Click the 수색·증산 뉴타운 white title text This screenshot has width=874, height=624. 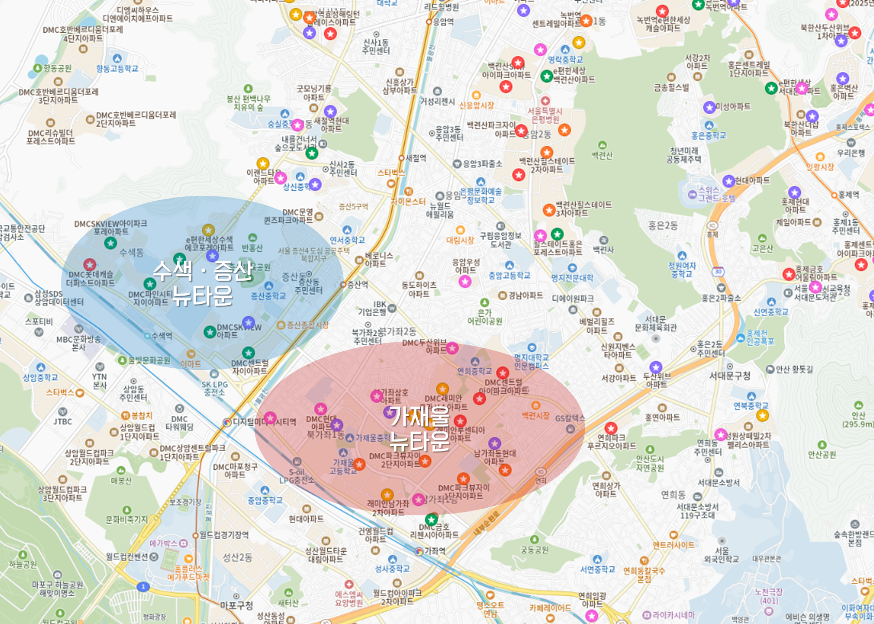click(203, 283)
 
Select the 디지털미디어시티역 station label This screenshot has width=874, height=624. click(264, 422)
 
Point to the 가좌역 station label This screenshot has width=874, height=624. click(435, 551)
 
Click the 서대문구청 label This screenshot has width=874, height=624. click(729, 376)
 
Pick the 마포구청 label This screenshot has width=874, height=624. click(236, 605)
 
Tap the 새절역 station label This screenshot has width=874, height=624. click(416, 158)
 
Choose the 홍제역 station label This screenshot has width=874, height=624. click(848, 195)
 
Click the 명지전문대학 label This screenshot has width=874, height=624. click(572, 278)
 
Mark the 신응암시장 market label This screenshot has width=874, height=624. click(476, 105)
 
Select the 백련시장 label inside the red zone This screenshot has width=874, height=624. click(535, 415)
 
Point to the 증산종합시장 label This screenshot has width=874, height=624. click(307, 325)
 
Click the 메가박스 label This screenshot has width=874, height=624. click(164, 543)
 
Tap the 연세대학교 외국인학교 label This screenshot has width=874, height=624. click(721, 555)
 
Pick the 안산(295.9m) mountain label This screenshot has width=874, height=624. click(858, 419)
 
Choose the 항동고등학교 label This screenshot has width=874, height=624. click(117, 69)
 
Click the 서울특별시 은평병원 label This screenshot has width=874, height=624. click(545, 115)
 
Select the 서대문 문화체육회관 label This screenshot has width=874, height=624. click(655, 323)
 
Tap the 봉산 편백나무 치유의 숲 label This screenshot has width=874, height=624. click(248, 103)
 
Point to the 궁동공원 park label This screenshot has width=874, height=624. click(534, 550)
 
